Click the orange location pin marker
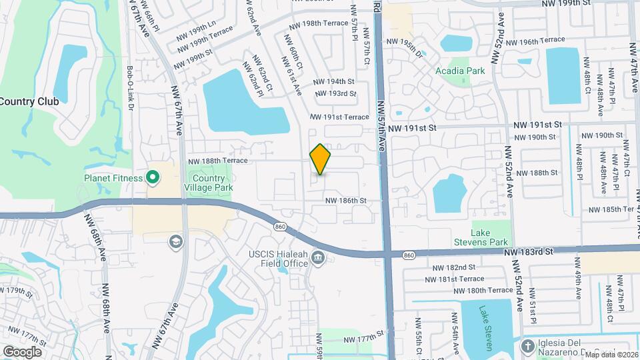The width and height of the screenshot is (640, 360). point(321,159)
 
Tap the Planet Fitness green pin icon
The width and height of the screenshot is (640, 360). point(152,177)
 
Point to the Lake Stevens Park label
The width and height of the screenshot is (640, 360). point(489,237)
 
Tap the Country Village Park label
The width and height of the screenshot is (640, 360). point(213,183)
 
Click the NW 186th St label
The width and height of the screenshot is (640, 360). point(346,200)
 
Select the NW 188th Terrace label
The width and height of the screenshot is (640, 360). point(218,161)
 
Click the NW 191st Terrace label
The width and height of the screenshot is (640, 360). point(339,117)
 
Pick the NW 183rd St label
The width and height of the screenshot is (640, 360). point(529,253)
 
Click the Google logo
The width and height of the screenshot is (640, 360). point(22,351)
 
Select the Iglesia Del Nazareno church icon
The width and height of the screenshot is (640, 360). point(529,345)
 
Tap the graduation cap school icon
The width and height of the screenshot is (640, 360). point(176,241)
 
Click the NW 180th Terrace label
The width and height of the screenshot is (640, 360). point(483,290)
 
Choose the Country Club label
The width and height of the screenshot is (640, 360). point(29,102)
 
